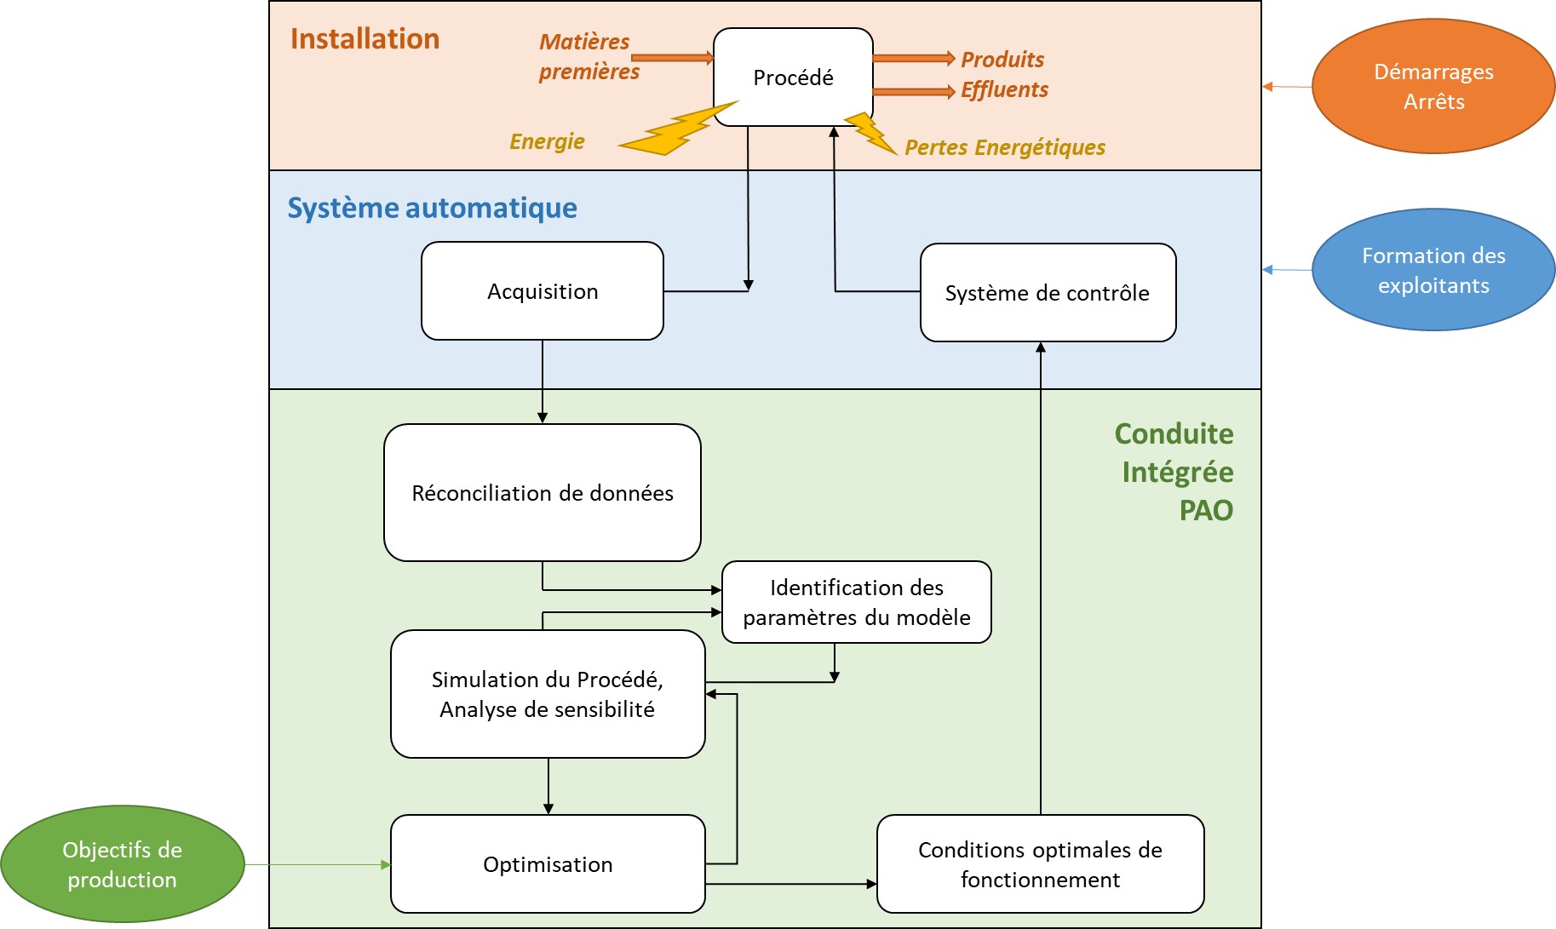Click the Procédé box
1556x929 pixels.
pos(793,77)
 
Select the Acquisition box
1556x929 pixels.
pos(543,291)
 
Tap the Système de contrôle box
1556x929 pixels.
pos(1048,293)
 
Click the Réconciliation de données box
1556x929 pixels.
pos(543,493)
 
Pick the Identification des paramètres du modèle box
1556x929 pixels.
pos(856,602)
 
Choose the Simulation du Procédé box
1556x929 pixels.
pos(548,694)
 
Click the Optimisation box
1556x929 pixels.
pos(548,864)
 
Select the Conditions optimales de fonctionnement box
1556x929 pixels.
pos(1040,864)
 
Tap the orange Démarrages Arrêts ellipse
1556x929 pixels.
pos(1433,86)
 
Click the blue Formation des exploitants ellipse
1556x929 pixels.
pos(1433,270)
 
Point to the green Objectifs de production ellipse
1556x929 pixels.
pos(122,864)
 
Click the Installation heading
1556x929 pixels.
pos(365,39)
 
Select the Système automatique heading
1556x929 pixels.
pos(432,208)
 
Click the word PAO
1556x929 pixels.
pos(1206,510)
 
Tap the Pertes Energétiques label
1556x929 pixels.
pos(1005,147)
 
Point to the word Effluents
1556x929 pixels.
pos(1004,89)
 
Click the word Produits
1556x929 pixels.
pos(1002,60)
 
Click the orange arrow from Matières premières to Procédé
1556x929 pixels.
pos(673,57)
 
